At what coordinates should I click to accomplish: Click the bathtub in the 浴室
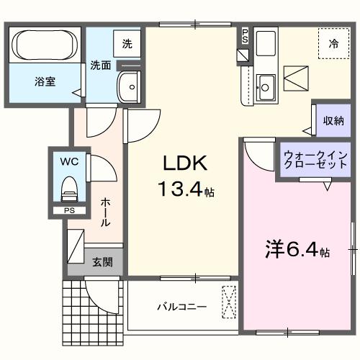46,46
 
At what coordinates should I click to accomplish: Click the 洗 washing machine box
127,44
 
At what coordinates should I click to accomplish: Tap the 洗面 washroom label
100,65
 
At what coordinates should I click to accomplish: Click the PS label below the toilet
68,211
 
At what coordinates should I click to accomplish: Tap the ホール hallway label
105,212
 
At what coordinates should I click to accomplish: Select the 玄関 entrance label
102,262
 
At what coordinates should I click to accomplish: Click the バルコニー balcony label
183,307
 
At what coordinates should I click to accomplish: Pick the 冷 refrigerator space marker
333,43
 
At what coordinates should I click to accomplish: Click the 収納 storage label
332,120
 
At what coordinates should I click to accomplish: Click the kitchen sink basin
264,88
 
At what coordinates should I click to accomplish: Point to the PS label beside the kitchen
245,35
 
